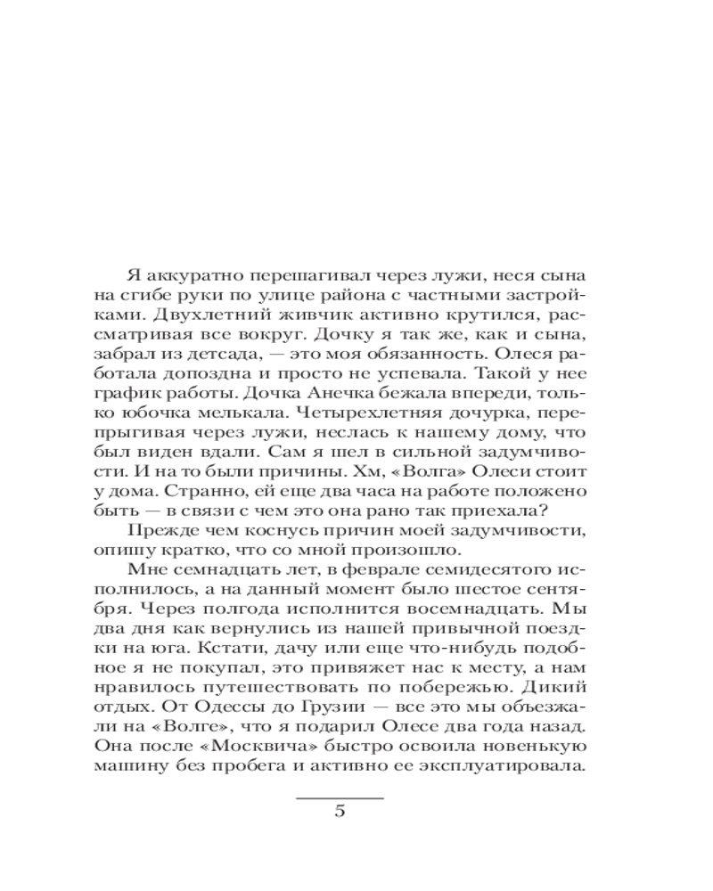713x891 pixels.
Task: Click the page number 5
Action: coord(339,811)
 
